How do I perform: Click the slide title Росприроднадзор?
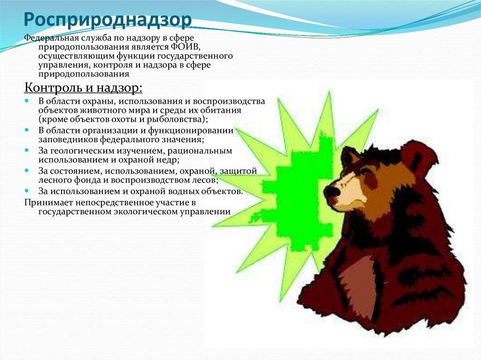(x=108, y=20)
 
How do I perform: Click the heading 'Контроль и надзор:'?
(x=83, y=88)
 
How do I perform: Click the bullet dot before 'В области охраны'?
(x=28, y=101)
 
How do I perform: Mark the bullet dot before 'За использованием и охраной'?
(x=28, y=191)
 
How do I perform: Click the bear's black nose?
(x=332, y=191)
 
